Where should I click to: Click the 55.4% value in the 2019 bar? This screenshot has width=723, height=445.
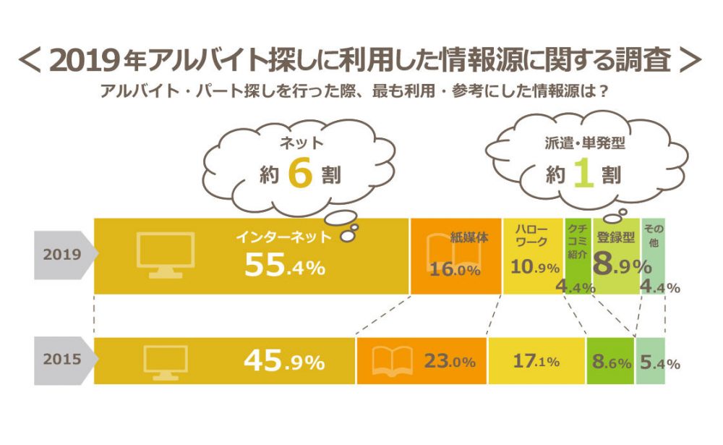[x=284, y=266]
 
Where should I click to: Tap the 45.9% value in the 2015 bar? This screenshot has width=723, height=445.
[x=283, y=361]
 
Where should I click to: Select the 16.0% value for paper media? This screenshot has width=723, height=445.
[x=455, y=271]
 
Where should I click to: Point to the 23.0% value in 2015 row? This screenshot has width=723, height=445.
[x=449, y=361]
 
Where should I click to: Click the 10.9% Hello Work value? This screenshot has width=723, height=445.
[x=535, y=267]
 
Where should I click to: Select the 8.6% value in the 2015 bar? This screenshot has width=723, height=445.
[x=611, y=362]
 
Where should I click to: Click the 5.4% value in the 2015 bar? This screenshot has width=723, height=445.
[x=659, y=363]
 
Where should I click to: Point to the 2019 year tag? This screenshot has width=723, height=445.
[x=61, y=255]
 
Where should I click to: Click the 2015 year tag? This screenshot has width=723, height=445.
[x=61, y=360]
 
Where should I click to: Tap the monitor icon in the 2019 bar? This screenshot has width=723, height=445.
[x=165, y=254]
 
